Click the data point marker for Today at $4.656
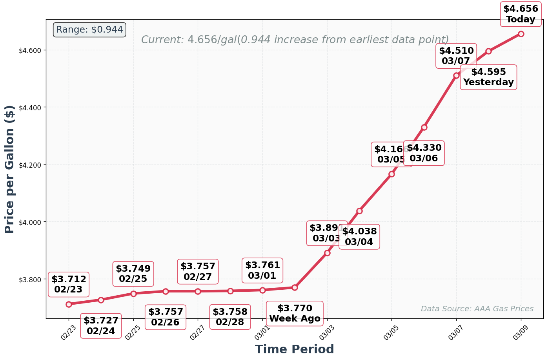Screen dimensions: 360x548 pos(521,34)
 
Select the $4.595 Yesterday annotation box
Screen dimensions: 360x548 pos(488,77)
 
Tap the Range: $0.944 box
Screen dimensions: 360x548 pos(89,30)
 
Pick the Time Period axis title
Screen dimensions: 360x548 pos(294,349)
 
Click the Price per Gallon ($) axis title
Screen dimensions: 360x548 pos(10,169)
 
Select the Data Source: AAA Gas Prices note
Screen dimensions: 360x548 pos(477,309)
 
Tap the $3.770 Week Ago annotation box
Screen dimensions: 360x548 pos(295,313)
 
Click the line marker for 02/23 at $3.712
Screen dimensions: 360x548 pos(69,304)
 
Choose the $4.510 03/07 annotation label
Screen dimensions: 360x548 pos(456,56)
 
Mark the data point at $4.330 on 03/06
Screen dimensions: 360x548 pos(424,127)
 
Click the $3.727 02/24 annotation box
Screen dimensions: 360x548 pos(101,326)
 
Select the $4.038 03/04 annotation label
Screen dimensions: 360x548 pos(359,237)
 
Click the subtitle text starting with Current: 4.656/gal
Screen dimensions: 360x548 pos(295,40)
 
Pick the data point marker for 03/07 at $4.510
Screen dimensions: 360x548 pos(456,75)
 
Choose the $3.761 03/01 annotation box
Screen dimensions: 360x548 pos(262,270)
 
